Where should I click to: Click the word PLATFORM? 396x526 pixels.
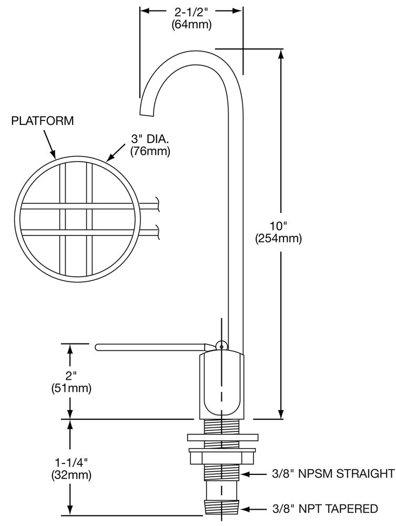point(43,121)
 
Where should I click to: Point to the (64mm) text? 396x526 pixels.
point(191,24)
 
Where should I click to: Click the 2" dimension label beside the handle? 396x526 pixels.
point(71,377)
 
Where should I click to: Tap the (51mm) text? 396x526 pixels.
point(71,389)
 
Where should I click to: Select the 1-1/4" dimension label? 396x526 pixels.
point(71,462)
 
